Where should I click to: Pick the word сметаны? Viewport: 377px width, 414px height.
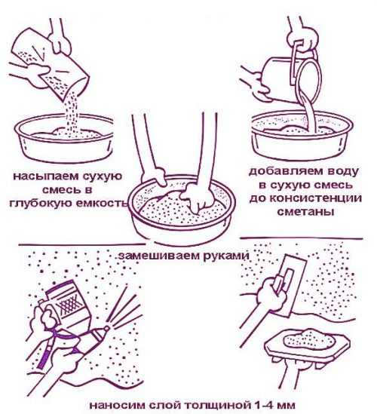pos(305,211)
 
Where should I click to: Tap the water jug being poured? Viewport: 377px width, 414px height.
pos(293,77)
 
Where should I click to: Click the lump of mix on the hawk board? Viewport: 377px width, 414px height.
pos(309,341)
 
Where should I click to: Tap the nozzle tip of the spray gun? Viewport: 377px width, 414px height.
pos(106,328)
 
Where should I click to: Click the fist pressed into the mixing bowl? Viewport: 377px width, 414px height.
pos(196,198)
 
